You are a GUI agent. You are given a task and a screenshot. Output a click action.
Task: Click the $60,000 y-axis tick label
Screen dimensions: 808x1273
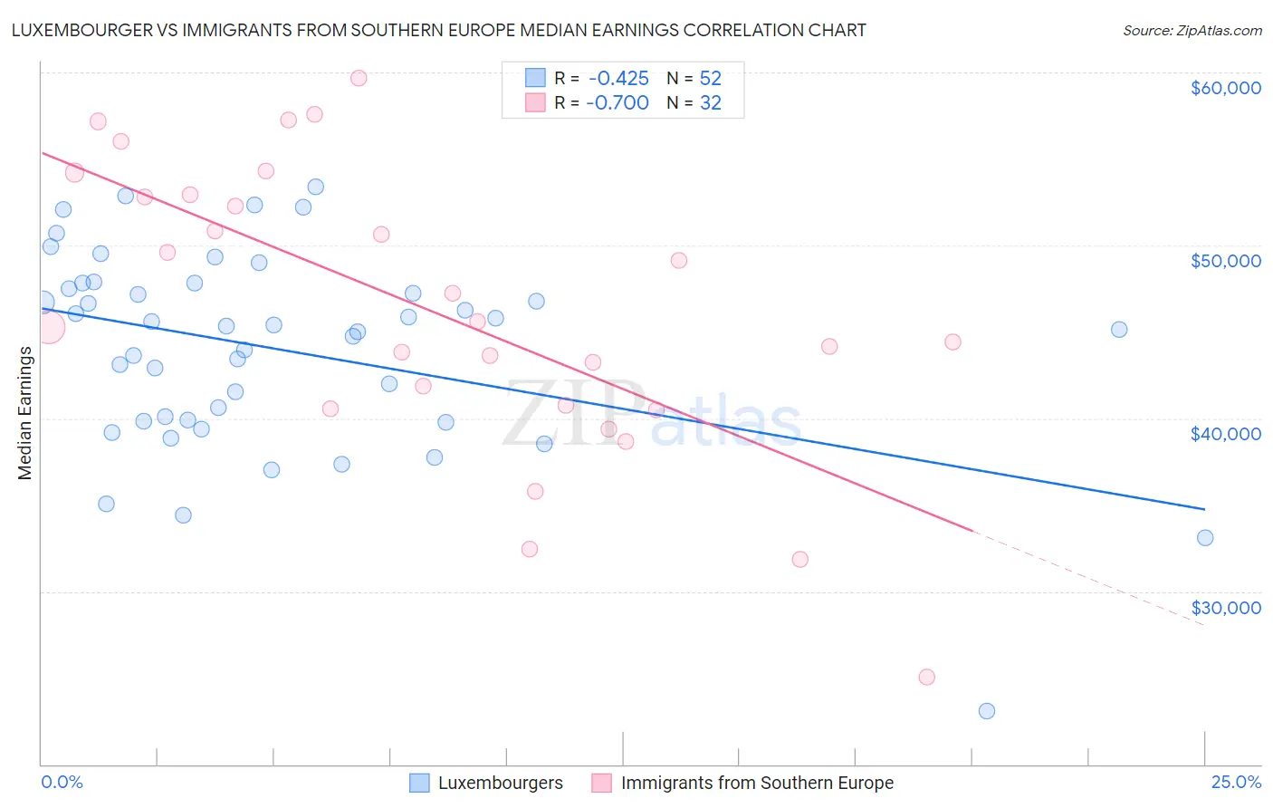(x=1225, y=88)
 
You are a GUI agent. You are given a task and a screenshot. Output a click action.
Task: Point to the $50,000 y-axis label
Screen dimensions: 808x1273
(x=1225, y=261)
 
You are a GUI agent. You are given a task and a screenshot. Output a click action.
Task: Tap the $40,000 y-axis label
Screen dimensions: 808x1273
(x=1225, y=434)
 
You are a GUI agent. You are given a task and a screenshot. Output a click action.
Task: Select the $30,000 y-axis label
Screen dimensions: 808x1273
(x=1225, y=608)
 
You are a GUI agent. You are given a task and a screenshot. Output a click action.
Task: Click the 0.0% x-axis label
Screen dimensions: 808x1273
(x=62, y=783)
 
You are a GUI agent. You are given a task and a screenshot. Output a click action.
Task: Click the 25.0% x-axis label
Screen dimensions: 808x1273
(x=1236, y=783)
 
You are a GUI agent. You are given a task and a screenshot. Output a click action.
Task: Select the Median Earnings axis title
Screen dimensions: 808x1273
(x=25, y=412)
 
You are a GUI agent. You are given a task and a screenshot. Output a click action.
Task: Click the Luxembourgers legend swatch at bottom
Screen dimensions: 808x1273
(x=419, y=783)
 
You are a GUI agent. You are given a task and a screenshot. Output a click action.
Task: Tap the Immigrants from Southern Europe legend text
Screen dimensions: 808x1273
(x=757, y=783)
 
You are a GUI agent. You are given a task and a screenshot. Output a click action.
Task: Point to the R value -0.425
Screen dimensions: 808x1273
(x=618, y=79)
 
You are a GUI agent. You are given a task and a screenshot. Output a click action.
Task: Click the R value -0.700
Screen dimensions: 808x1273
(x=617, y=103)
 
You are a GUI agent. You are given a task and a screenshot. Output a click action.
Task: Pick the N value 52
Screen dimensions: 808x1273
(x=711, y=79)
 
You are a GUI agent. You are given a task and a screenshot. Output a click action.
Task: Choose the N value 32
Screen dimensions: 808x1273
(x=711, y=103)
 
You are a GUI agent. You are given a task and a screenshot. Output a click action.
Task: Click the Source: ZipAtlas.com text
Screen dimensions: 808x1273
(x=1192, y=31)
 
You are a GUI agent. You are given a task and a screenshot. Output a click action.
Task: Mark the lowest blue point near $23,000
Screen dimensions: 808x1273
(x=987, y=711)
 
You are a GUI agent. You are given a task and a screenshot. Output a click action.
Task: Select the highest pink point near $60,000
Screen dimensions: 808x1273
(x=359, y=78)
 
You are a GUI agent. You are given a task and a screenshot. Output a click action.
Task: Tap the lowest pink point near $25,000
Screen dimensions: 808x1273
(x=926, y=677)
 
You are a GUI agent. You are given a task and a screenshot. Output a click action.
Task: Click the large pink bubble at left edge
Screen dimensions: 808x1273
(x=48, y=327)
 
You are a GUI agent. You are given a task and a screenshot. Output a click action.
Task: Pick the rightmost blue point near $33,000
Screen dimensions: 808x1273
(x=1205, y=538)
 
